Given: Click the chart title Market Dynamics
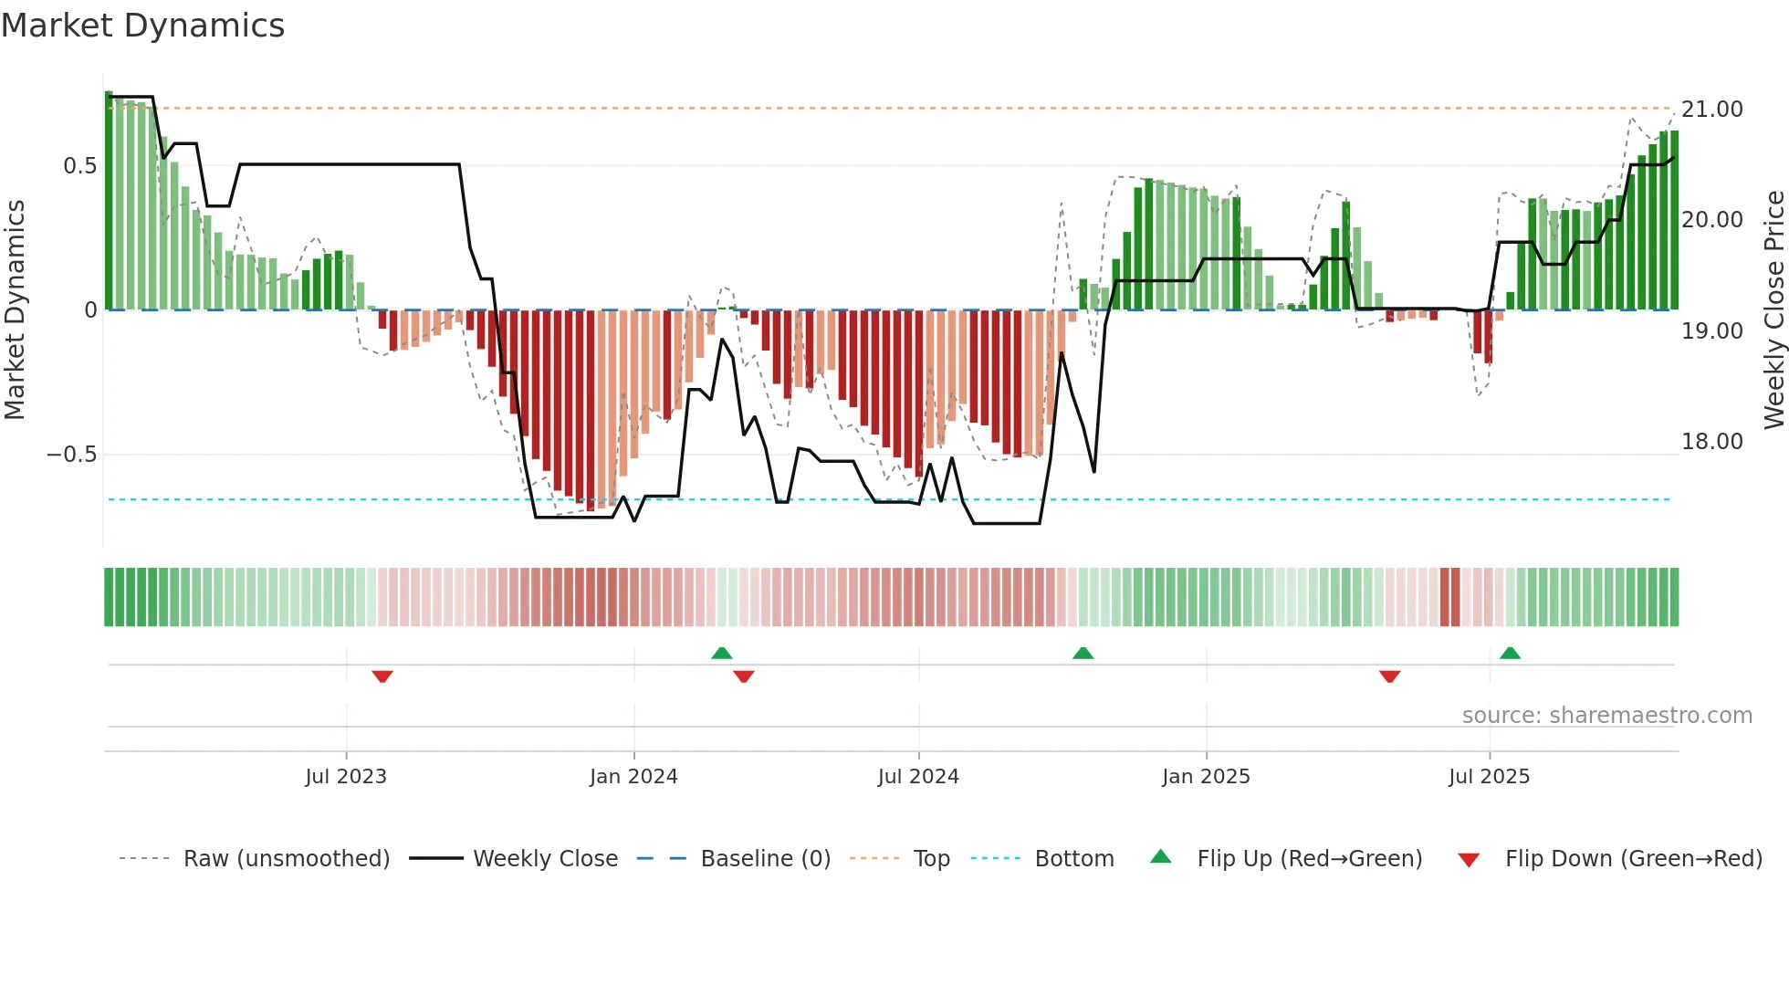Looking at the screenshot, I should tap(143, 26).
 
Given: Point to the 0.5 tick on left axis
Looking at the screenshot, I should tap(79, 166).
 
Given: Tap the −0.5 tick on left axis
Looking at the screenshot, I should tap(72, 455).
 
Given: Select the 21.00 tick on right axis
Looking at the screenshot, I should tap(1712, 110).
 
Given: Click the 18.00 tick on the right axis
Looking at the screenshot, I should tap(1712, 442).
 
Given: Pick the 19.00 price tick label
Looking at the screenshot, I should tap(1712, 331).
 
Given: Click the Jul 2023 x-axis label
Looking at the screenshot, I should tap(346, 777).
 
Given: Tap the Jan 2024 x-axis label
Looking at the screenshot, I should tap(633, 777).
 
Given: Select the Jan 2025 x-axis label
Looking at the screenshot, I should tap(1206, 777).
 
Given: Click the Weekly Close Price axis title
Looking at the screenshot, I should tap(1773, 309).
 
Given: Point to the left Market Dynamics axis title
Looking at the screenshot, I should tap(15, 309).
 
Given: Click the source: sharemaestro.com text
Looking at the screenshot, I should tap(1606, 716).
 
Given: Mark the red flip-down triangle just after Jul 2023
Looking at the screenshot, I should tap(382, 676).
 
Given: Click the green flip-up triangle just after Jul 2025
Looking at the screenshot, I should tap(1510, 653).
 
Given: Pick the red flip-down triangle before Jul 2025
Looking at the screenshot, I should tap(1389, 676).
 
